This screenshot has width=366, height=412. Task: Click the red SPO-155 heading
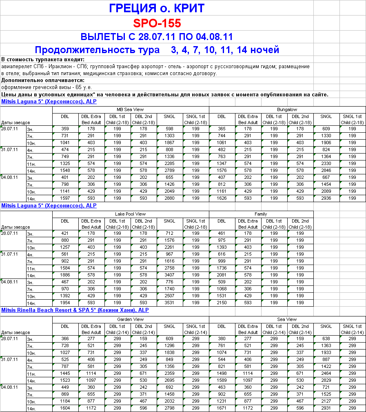[157, 22]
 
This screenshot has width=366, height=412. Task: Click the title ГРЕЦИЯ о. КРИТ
[157, 8]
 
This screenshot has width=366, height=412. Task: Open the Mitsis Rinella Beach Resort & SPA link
[75, 310]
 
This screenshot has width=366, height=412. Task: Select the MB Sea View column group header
[131, 109]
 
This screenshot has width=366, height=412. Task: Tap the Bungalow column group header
[287, 109]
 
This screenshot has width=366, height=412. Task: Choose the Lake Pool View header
[131, 214]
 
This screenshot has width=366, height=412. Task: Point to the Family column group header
[261, 214]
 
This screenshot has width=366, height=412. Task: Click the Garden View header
[131, 319]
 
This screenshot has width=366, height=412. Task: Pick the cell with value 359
[65, 129]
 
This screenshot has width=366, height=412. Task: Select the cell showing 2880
[169, 198]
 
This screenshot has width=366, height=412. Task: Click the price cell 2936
[326, 198]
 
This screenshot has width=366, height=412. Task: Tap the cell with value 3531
[169, 303]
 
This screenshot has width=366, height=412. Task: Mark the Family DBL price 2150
[222, 303]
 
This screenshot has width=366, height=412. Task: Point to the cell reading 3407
[169, 275]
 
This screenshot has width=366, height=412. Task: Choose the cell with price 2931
[326, 408]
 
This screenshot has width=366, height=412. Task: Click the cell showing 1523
[65, 380]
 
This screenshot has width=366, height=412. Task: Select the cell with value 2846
[326, 170]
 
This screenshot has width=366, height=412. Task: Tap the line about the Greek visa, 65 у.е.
[47, 87]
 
